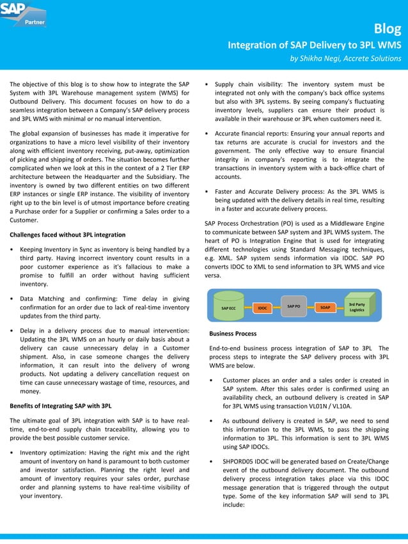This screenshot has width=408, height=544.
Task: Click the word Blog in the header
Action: [x=388, y=29]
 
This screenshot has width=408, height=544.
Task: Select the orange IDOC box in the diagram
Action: [x=262, y=308]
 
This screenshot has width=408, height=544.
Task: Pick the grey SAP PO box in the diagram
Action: [x=294, y=306]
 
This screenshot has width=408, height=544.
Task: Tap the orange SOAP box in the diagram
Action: [x=325, y=307]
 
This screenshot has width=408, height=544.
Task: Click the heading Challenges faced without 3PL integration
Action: [x=67, y=235]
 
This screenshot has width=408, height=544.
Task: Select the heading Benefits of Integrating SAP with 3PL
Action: [x=61, y=405]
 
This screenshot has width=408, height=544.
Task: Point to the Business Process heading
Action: [x=233, y=334]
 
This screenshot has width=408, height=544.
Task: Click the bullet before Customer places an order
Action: [x=212, y=381]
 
